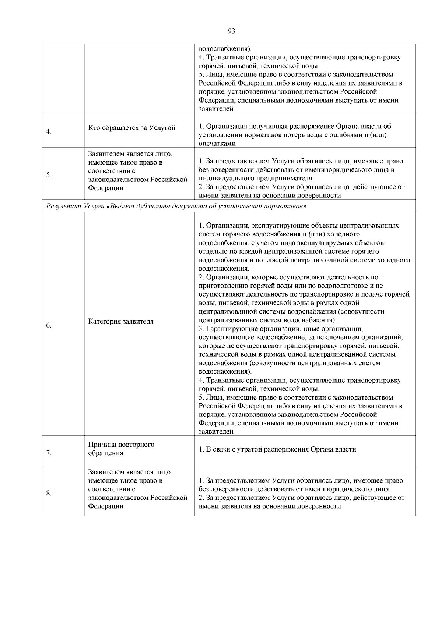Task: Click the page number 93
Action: (231, 31)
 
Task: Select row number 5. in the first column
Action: (49, 175)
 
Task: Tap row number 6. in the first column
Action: (49, 325)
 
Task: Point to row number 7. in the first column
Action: (49, 453)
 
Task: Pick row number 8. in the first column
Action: (49, 493)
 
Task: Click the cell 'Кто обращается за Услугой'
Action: (131, 128)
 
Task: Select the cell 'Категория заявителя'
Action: (121, 321)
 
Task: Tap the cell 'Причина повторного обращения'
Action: (121, 449)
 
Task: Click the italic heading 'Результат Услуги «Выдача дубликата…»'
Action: (176, 206)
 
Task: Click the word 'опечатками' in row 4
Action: (217, 143)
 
